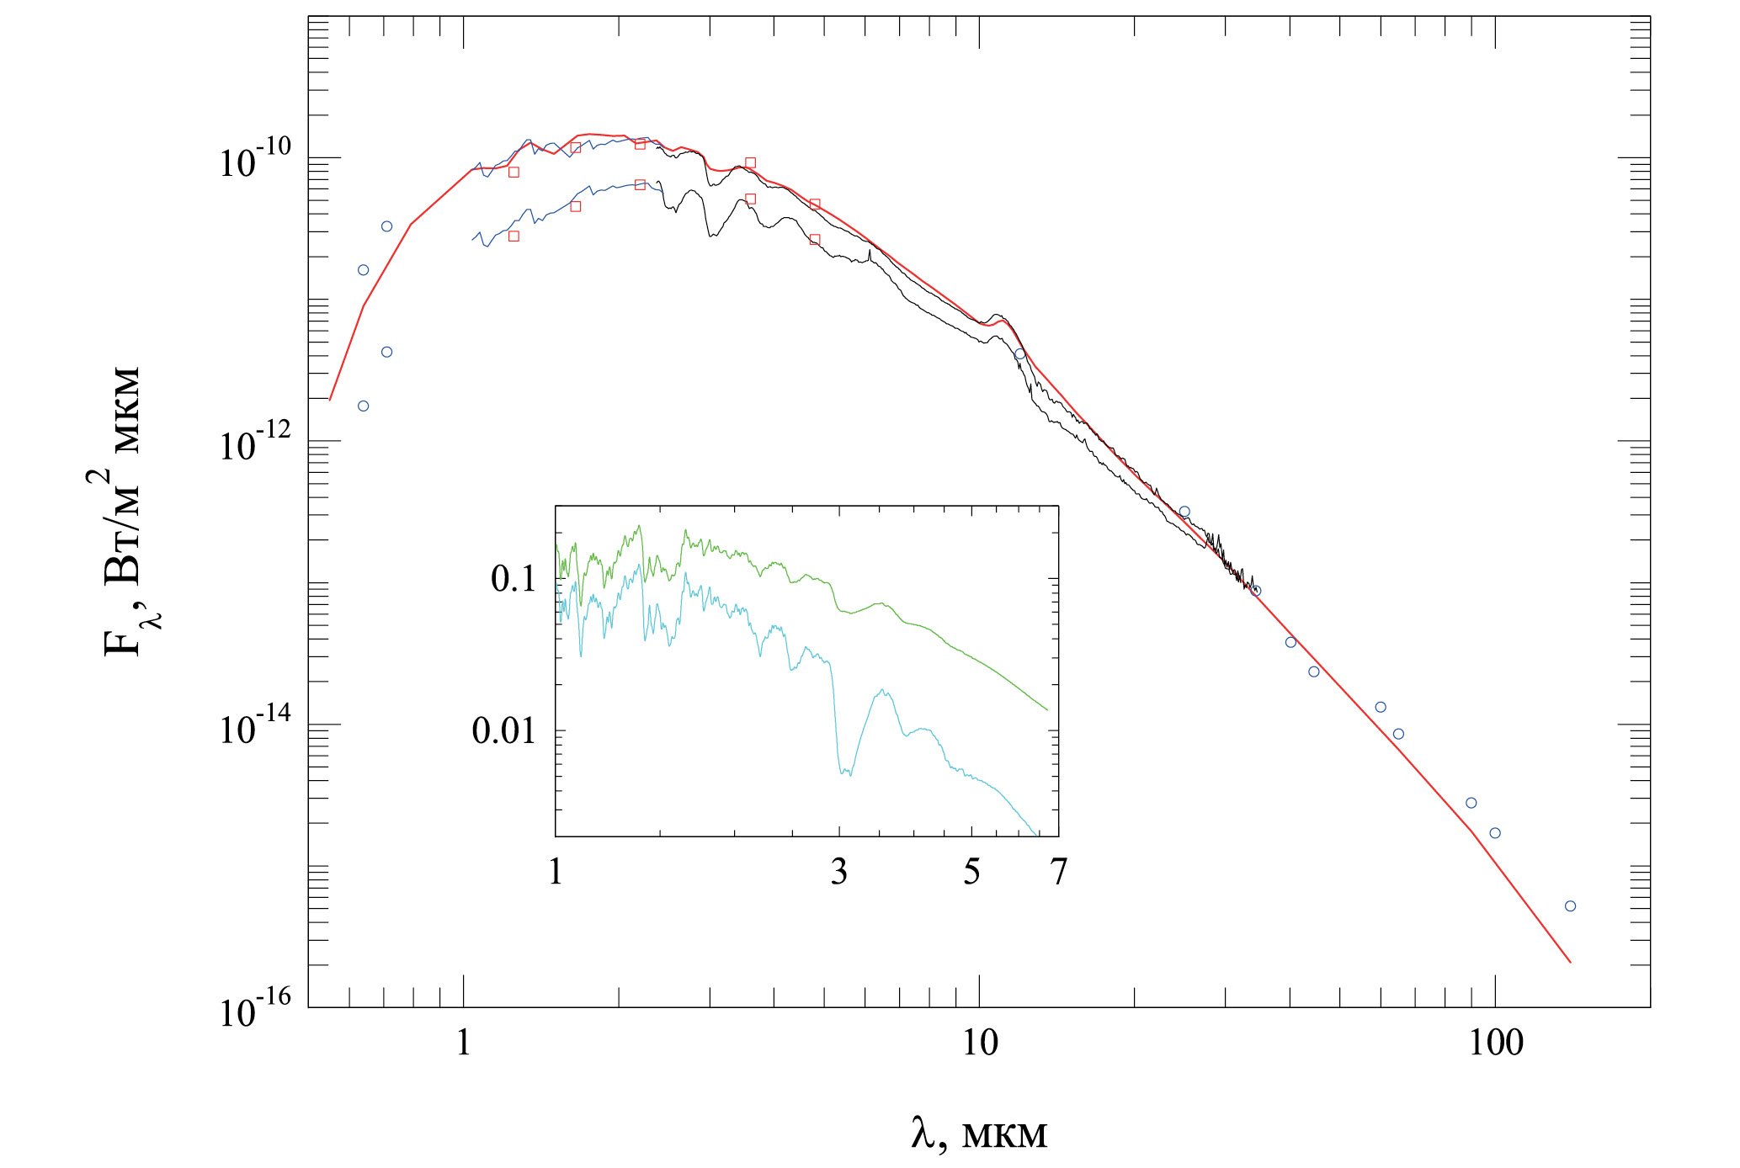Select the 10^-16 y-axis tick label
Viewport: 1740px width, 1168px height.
tap(255, 1008)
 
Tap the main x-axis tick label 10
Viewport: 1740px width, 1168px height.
tap(980, 1043)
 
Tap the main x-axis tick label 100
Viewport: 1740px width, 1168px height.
tap(1496, 1043)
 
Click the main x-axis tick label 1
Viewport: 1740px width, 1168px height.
tap(464, 1043)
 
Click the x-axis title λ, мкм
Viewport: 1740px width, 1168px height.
tap(979, 1134)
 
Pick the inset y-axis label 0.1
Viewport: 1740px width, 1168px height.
tap(513, 579)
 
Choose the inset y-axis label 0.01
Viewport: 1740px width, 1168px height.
tap(504, 730)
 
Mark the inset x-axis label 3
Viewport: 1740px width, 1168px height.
tap(839, 873)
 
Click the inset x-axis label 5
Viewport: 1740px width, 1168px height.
tap(971, 873)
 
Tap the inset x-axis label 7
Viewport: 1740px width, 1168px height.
tap(1058, 873)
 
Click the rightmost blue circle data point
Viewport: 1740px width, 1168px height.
tap(1570, 906)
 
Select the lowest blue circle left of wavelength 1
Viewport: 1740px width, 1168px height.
tap(364, 406)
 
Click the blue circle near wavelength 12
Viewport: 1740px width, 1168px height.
tap(1020, 354)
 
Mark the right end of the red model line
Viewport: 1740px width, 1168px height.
tap(1571, 962)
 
